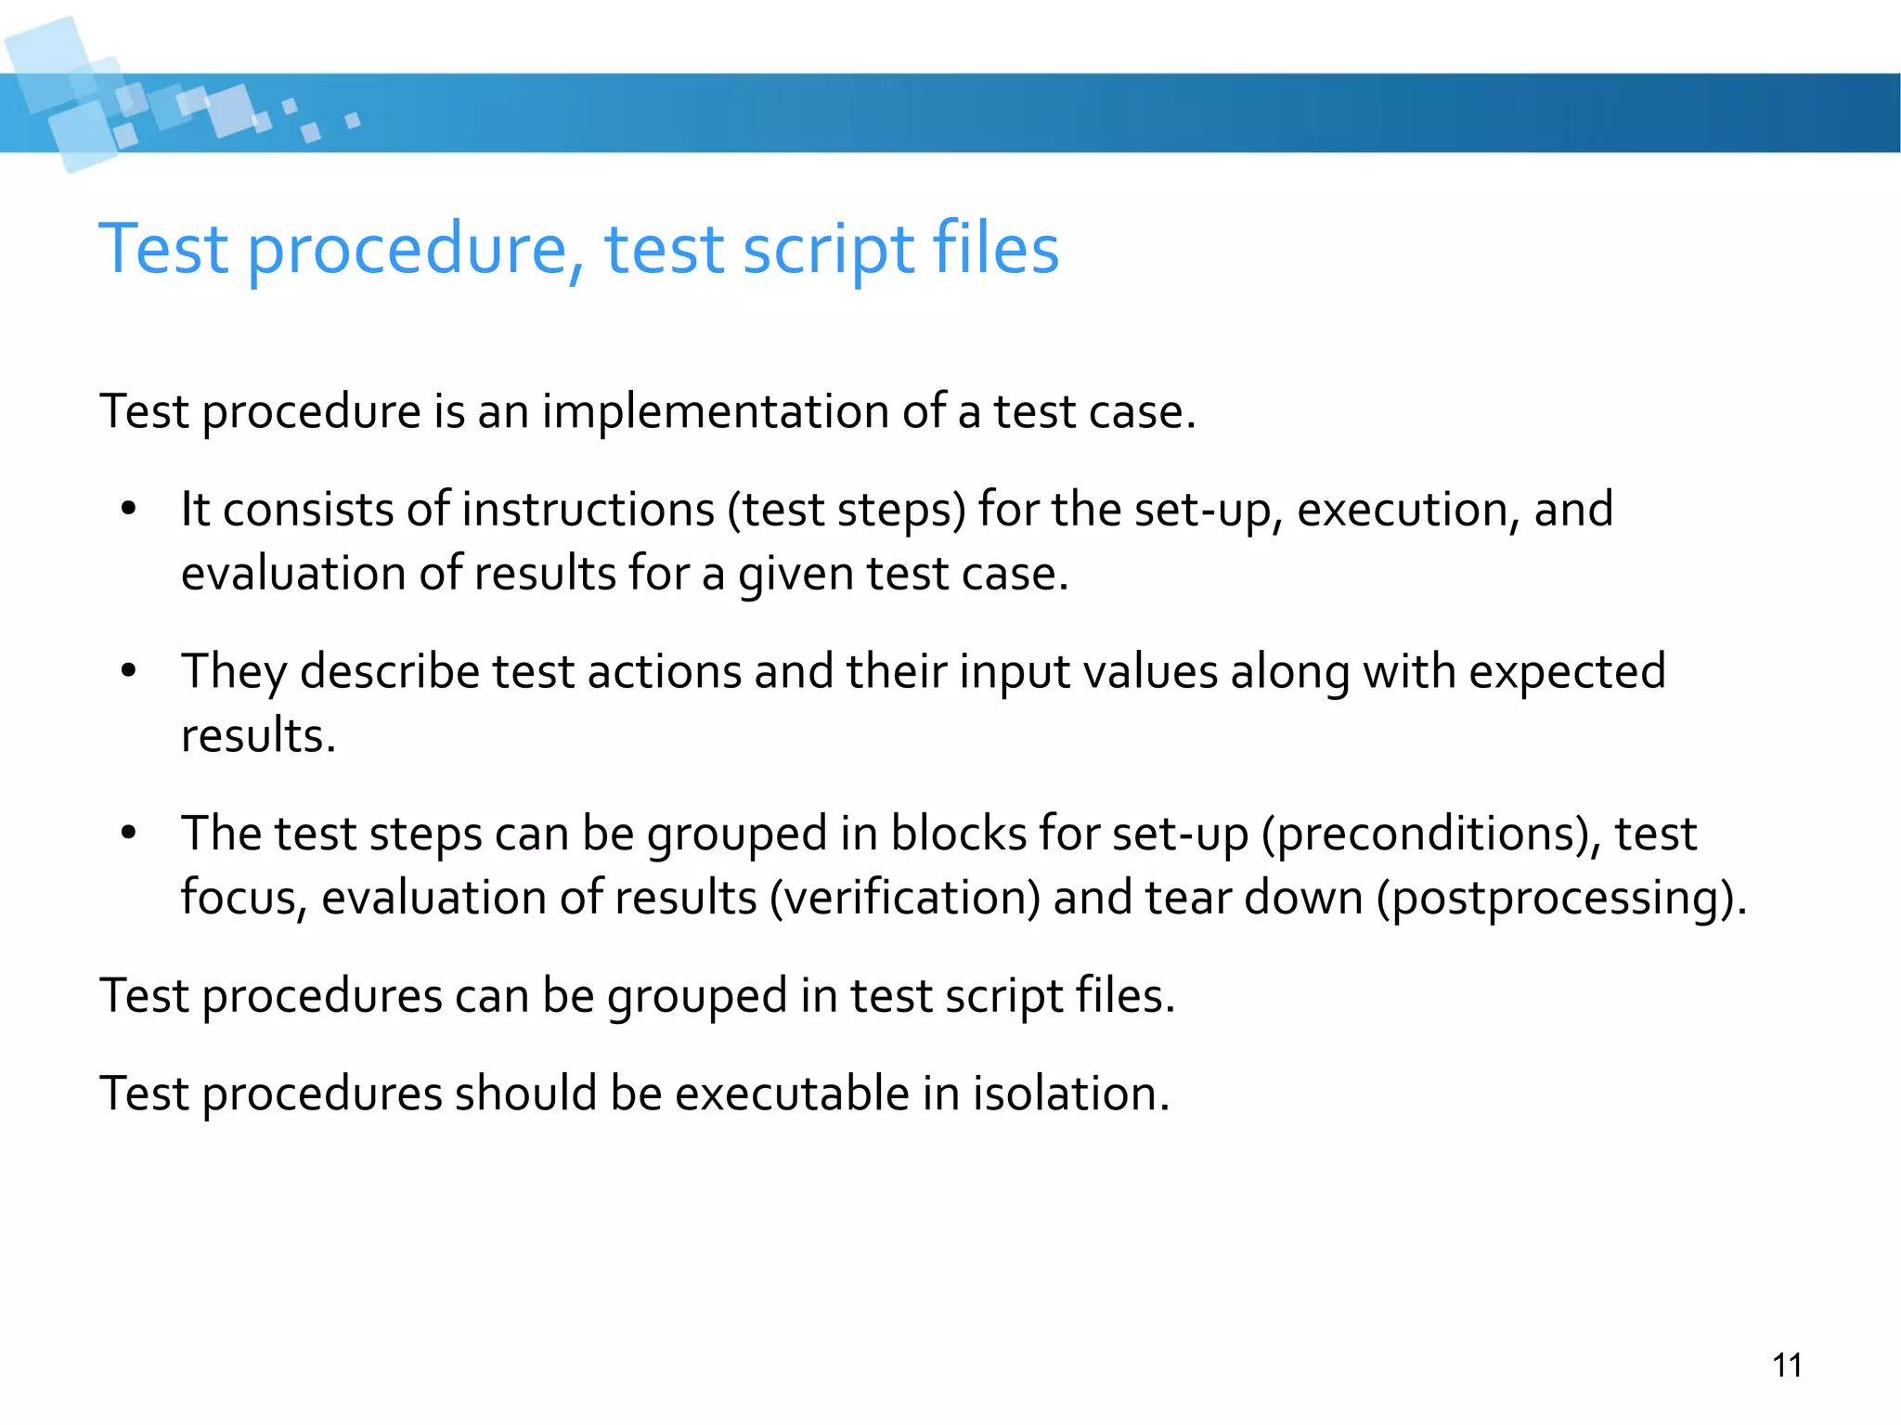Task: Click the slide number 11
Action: (x=1787, y=1366)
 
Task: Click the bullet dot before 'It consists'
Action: (x=128, y=510)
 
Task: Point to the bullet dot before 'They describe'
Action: (x=128, y=671)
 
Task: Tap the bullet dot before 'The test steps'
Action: (x=128, y=834)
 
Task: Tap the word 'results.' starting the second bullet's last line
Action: (x=258, y=736)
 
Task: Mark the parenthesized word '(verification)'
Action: (x=905, y=898)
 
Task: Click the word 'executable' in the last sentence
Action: (x=792, y=1093)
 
